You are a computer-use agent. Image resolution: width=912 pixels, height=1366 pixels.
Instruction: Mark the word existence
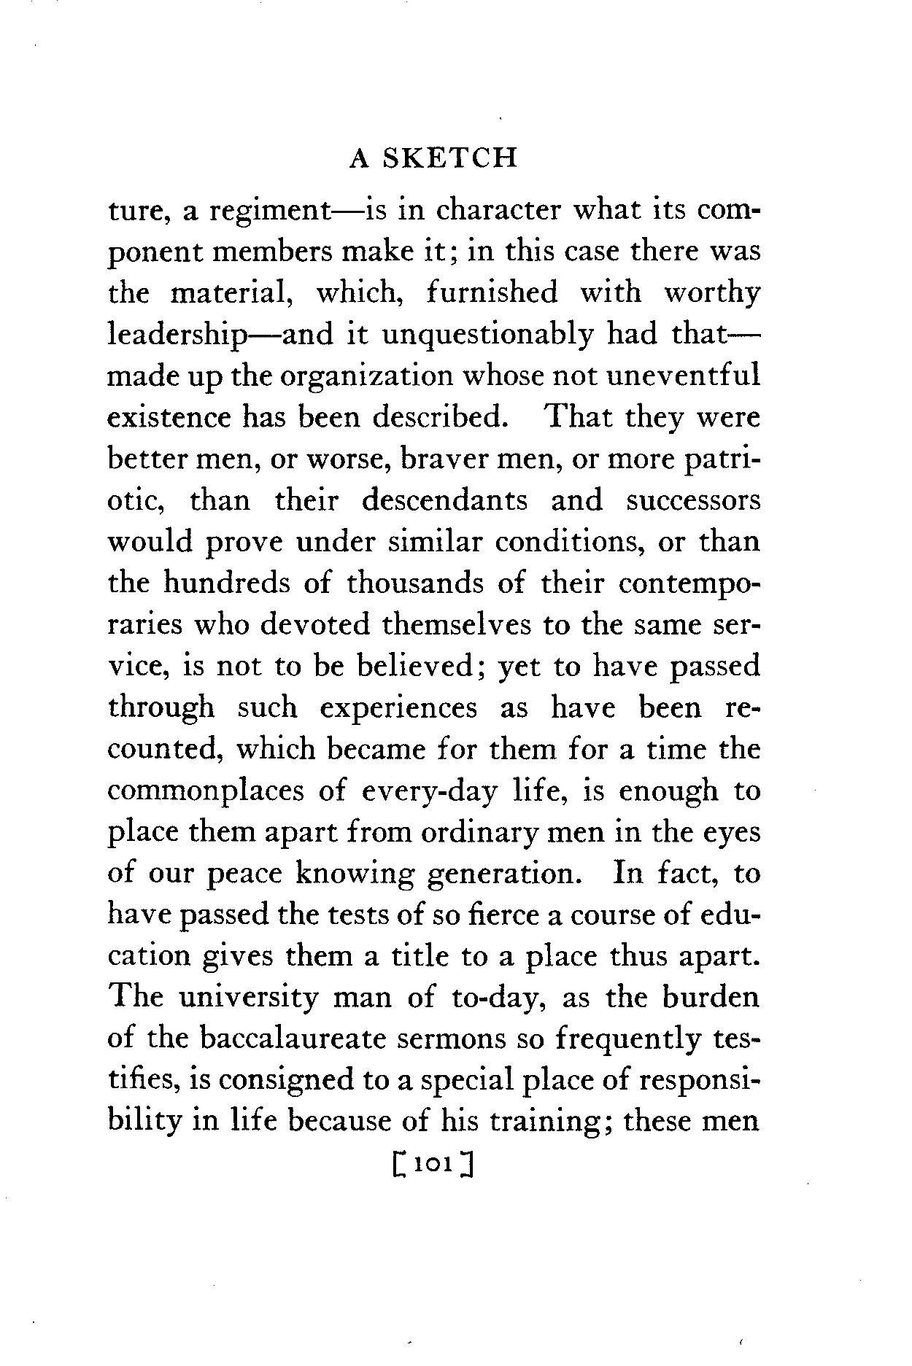168,418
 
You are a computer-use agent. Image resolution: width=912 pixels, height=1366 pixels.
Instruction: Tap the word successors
693,500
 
